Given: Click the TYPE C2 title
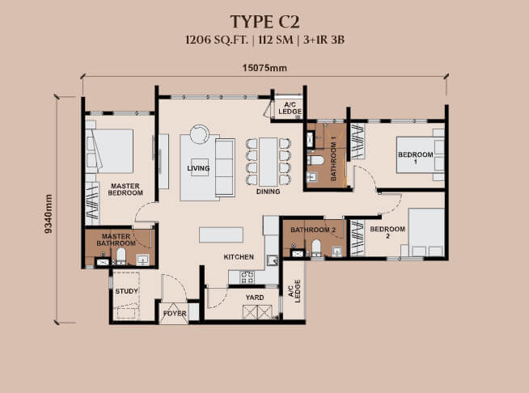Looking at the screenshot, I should (x=264, y=20).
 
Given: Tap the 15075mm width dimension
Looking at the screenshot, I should (x=264, y=68).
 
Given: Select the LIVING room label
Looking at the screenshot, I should (x=198, y=168).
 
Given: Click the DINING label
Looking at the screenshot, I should (x=268, y=192).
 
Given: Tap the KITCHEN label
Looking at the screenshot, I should (x=239, y=257).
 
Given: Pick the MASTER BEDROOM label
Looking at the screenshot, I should (x=125, y=189).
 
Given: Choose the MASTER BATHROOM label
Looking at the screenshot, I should (x=116, y=239).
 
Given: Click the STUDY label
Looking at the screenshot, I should (x=125, y=290).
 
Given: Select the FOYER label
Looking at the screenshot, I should (x=175, y=313).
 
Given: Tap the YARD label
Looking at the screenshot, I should (x=254, y=297).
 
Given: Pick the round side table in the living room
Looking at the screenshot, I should (x=200, y=133).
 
